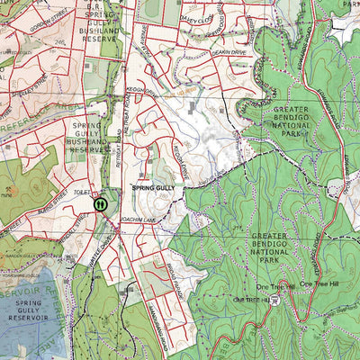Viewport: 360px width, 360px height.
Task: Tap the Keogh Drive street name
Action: [x=141, y=90]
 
